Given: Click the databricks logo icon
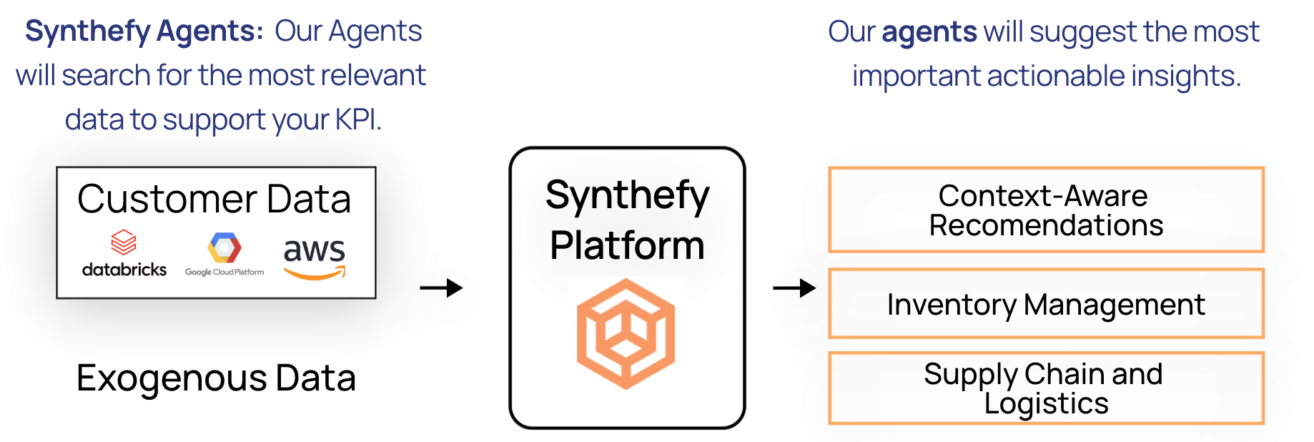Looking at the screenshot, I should coord(124,243).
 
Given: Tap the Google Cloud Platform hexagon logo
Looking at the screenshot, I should coord(224,248).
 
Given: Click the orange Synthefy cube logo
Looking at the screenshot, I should coord(626,333).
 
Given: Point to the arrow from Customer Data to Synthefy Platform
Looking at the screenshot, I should coord(441,288).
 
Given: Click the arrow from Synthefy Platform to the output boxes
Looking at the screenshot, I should coord(794,288).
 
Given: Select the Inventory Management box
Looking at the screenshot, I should coord(1046,304).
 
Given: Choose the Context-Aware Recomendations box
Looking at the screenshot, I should coord(1046,210).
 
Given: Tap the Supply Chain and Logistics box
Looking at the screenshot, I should coord(1046,388).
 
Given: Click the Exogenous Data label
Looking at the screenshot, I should coord(216,378).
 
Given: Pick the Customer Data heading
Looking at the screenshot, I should coord(214,199).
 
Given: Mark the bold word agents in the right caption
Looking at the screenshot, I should coord(929,32).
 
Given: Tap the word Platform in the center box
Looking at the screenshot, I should coord(627,245).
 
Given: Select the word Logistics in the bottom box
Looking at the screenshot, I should coord(1046,403).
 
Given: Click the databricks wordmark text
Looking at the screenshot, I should coord(124,270).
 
